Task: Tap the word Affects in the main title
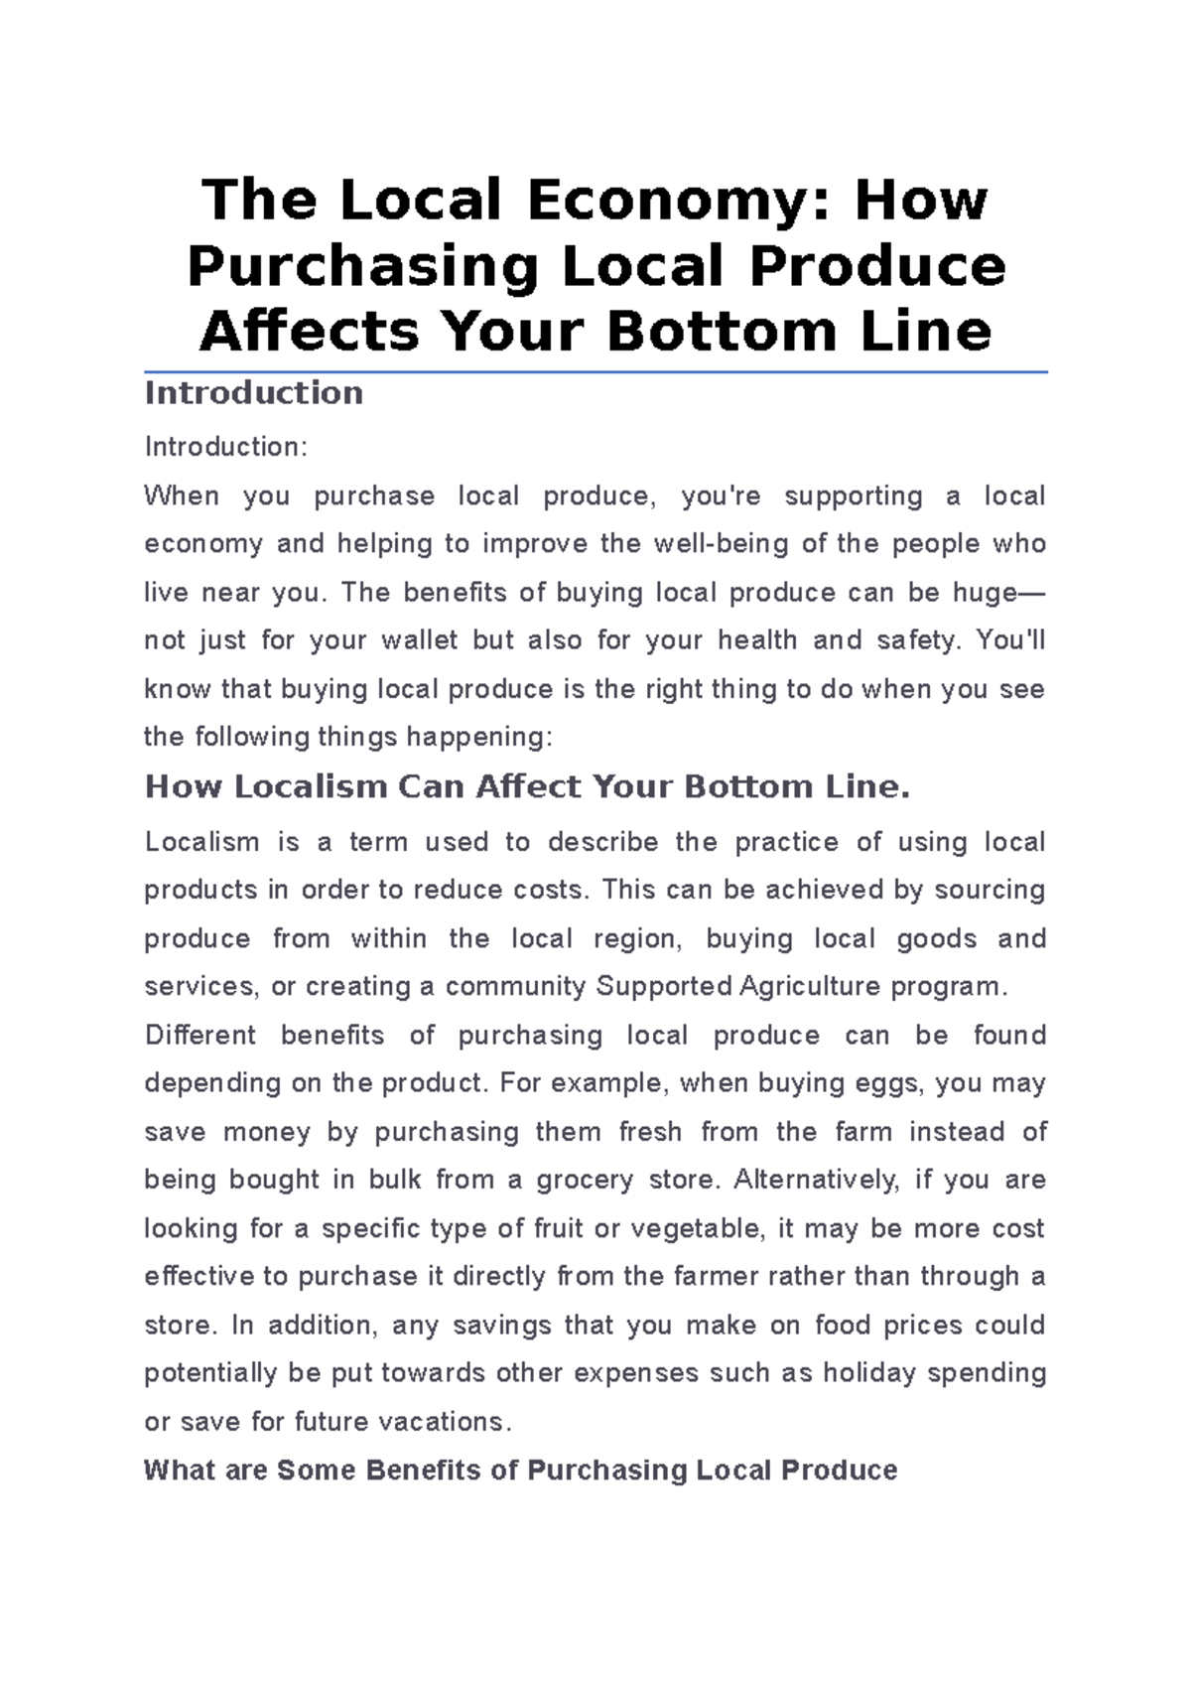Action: (310, 332)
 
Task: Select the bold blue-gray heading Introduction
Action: (254, 393)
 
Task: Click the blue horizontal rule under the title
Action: (595, 372)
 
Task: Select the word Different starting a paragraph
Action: (200, 1036)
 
